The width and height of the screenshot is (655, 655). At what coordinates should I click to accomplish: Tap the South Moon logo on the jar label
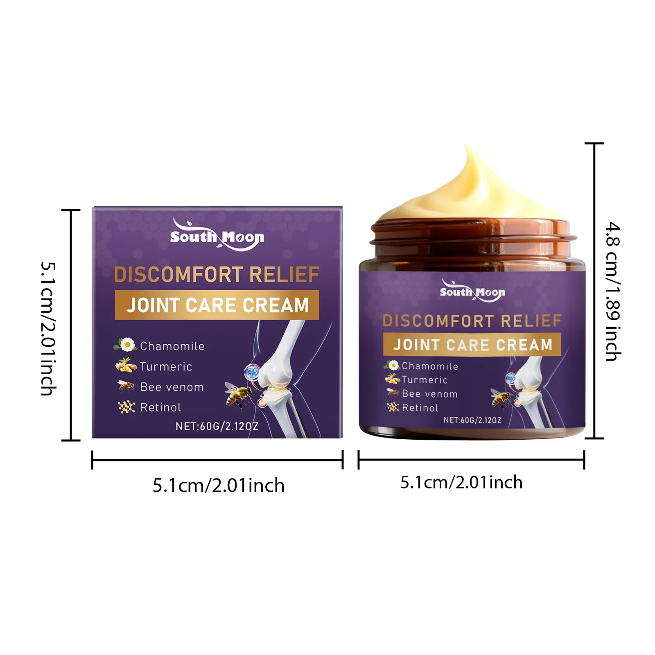(472, 291)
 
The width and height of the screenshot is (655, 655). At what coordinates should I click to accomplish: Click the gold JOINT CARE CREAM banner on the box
(217, 305)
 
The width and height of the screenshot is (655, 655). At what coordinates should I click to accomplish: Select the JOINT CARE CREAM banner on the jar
(472, 345)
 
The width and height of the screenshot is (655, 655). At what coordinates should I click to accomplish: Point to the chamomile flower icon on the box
(127, 345)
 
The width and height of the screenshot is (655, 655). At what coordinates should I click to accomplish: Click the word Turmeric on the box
(166, 366)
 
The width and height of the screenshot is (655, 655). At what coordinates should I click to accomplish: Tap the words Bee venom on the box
(172, 387)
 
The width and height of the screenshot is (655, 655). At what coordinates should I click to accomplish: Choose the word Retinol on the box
(160, 407)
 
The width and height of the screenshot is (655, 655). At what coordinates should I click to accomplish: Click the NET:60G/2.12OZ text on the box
(217, 427)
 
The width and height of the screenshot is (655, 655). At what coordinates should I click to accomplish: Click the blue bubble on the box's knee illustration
(252, 372)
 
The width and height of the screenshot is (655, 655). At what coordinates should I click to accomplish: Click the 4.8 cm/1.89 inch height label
(613, 291)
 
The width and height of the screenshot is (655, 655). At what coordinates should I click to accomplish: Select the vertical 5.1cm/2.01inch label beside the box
(48, 329)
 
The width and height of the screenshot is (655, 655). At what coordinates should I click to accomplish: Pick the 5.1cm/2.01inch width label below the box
(219, 486)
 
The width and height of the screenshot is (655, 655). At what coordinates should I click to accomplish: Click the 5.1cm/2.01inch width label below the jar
(461, 483)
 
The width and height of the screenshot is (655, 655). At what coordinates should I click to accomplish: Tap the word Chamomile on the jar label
(430, 366)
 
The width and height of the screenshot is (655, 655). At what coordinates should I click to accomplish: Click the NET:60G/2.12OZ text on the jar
(472, 420)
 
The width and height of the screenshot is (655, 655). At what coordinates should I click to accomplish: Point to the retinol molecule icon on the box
(126, 407)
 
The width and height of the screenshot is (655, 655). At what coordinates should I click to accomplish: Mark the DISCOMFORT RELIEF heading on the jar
(472, 321)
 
